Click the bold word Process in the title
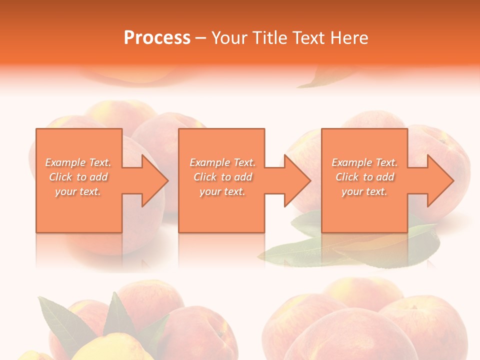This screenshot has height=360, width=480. pos(157,37)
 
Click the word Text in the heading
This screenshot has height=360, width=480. pos(309,37)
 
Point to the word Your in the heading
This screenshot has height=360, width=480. pos(228,37)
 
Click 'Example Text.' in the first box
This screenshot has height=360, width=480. pos(78,162)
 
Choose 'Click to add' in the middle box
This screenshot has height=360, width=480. pos(222,177)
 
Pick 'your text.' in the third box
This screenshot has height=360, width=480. pos(364,191)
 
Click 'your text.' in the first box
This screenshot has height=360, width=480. pos(78,191)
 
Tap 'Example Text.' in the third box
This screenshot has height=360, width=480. pos(364,162)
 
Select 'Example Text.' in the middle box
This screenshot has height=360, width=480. pos(222,162)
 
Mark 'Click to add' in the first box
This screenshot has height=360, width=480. pos(78,177)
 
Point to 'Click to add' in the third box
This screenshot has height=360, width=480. pos(364,177)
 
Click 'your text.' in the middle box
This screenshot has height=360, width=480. pos(222,191)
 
